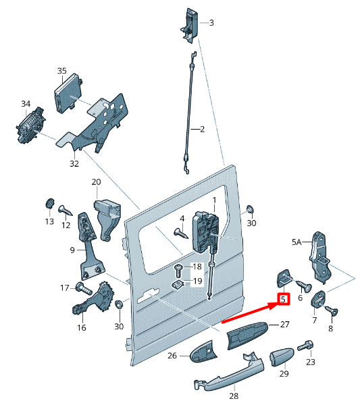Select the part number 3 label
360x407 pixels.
[211, 23]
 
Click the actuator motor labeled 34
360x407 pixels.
[30, 126]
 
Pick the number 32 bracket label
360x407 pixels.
[74, 163]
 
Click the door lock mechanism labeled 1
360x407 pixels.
[205, 230]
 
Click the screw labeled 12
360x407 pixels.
[66, 211]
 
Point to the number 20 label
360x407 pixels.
[96, 182]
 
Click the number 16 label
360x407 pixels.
[81, 328]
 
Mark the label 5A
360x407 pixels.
[297, 241]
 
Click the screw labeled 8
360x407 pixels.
[332, 310]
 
